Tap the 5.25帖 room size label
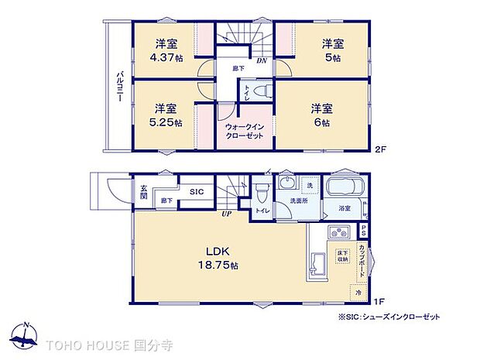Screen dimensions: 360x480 166,122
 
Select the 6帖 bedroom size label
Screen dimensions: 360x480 321,122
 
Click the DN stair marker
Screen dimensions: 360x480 263,60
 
